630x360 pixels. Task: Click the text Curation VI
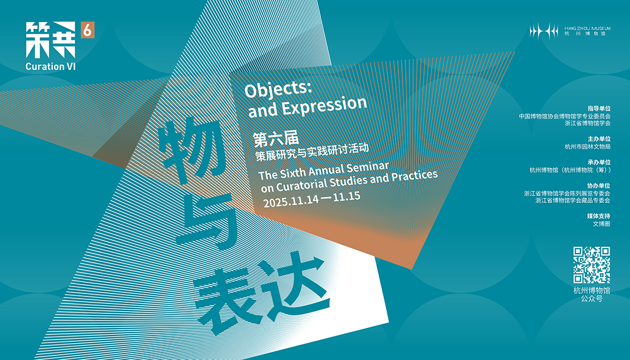51,67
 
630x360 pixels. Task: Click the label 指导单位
599,109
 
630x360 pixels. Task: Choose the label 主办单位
599,139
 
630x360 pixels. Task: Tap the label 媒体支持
599,216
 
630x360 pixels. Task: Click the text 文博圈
601,223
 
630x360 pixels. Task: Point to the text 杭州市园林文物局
587,146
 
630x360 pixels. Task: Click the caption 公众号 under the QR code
591,299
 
